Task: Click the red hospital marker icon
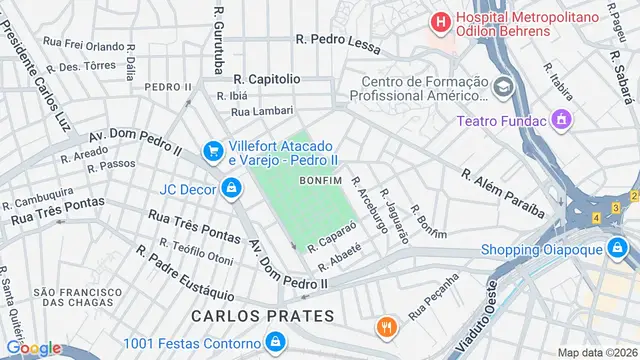439,20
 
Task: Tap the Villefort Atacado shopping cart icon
212,151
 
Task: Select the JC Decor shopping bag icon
231,187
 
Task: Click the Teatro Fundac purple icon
561,121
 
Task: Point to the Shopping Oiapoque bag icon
627,250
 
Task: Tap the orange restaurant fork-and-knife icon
385,326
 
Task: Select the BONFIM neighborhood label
320,180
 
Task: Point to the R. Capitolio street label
266,77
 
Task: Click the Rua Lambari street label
262,111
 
